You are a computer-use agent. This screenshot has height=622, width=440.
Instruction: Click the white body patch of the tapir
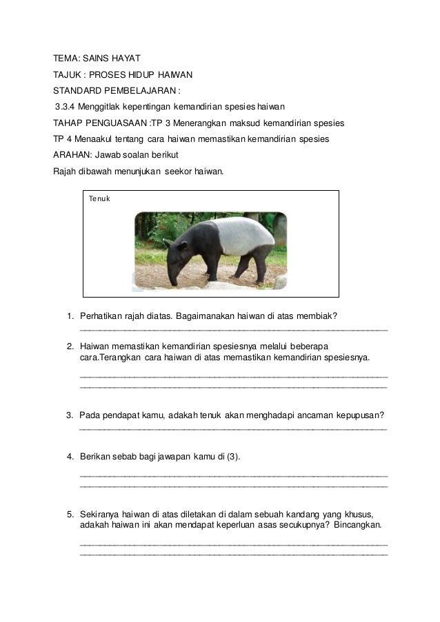234,235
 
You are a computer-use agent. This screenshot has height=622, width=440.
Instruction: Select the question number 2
71,346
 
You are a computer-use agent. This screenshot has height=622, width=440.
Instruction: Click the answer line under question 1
234,332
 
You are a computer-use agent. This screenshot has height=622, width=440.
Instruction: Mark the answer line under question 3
234,431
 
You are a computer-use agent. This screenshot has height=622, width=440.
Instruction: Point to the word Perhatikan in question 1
102,317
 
